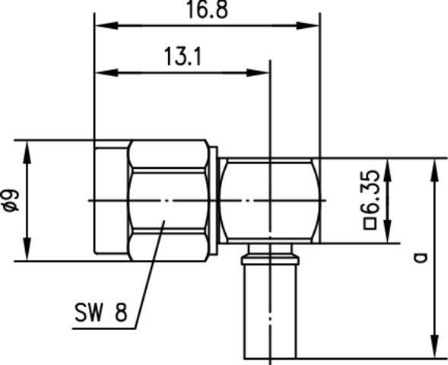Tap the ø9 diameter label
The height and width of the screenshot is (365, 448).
pos(10,199)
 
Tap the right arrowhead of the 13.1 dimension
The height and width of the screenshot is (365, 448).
pos(263,73)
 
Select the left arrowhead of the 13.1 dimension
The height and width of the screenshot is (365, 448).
pos(101,73)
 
